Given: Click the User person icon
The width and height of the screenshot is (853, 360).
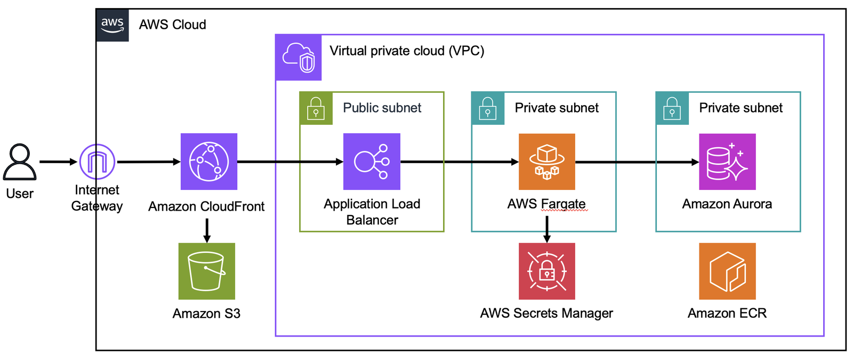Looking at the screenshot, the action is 20,162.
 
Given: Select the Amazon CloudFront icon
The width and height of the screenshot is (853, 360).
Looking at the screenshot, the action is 208,162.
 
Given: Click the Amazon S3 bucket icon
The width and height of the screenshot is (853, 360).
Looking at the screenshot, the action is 207,271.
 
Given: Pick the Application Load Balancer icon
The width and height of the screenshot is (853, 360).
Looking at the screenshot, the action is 372,162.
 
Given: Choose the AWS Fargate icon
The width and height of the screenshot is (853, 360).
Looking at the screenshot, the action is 547,162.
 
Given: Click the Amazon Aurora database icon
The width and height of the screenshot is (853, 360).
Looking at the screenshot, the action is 727,162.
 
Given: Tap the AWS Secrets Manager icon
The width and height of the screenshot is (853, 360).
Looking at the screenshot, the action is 547,271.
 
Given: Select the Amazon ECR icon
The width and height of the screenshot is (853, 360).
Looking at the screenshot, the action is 727,271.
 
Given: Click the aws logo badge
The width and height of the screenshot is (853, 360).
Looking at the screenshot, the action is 112,25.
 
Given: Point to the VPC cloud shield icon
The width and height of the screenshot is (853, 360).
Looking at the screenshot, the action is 299,58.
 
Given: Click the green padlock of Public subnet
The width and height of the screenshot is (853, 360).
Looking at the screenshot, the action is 316,108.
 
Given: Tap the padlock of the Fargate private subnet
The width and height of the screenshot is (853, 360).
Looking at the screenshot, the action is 488,108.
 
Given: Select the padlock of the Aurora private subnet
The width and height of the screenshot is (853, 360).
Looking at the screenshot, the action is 672,108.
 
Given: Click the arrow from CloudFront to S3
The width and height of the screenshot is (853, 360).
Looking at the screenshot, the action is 207,230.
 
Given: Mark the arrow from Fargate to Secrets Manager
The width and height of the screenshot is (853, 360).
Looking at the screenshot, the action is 547,229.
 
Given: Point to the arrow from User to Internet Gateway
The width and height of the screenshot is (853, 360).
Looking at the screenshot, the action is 58,162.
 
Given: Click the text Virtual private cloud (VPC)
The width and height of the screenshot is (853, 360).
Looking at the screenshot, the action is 407,51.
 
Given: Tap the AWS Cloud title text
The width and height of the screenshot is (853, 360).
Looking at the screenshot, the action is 173,25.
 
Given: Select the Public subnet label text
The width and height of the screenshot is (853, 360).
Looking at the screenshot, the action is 382,108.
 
